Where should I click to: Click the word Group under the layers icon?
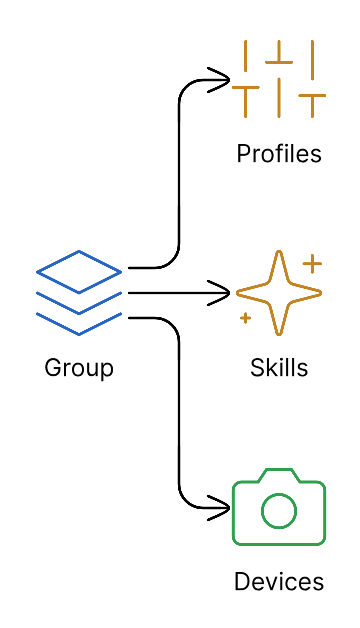[79, 368]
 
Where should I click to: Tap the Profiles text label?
[279, 154]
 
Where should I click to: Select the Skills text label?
[279, 368]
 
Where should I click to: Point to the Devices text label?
[279, 582]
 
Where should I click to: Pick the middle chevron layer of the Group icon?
[79, 300]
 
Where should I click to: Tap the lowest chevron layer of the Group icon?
[79, 321]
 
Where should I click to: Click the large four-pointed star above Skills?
[278, 293]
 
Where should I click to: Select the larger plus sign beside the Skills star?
[312, 264]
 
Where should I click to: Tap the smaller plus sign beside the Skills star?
[245, 319]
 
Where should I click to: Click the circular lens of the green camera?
[279, 512]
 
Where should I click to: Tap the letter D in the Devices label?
[241, 582]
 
